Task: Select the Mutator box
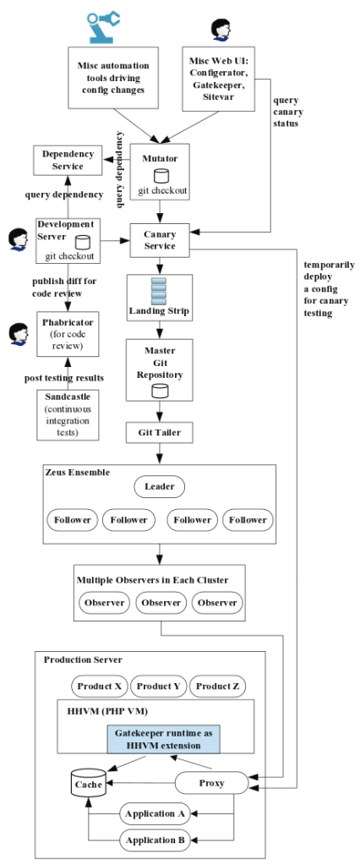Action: pyautogui.click(x=159, y=172)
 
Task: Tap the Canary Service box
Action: pyautogui.click(x=159, y=241)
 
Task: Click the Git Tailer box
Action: pyautogui.click(x=159, y=433)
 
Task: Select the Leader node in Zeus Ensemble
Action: pyautogui.click(x=159, y=488)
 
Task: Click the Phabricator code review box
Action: pyautogui.click(x=68, y=334)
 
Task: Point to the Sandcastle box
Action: pyautogui.click(x=68, y=414)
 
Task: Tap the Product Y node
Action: pyautogui.click(x=159, y=686)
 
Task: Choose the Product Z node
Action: pyautogui.click(x=216, y=686)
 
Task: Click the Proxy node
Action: pyautogui.click(x=211, y=783)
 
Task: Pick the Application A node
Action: pyautogui.click(x=155, y=814)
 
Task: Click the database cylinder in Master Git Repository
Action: pyautogui.click(x=159, y=391)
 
